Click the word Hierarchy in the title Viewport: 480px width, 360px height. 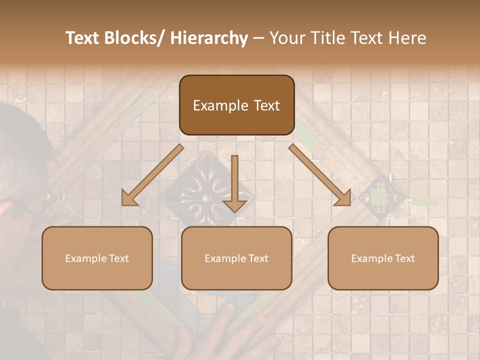point(209,38)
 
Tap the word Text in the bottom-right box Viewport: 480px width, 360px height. point(404,258)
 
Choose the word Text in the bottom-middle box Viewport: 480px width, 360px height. point(257,258)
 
